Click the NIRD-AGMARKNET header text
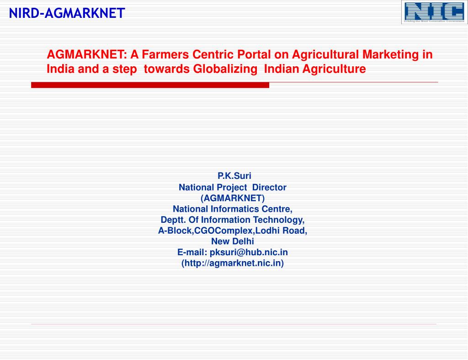click(67, 13)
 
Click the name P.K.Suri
click(234, 176)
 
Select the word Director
click(269, 187)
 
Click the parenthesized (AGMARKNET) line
click(233, 198)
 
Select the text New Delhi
click(233, 241)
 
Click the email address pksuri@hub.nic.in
click(249, 252)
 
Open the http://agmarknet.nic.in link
click(233, 263)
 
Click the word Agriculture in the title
click(338, 69)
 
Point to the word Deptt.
click(171, 220)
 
